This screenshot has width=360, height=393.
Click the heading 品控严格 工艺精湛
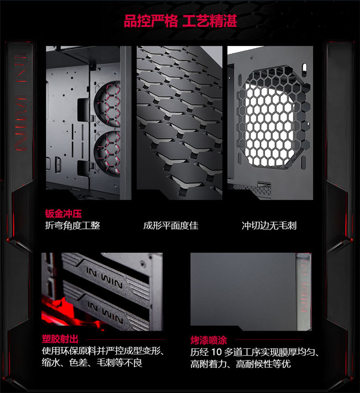[180, 21]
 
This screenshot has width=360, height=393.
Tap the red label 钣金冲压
[63, 214]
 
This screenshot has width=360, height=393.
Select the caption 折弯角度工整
[72, 226]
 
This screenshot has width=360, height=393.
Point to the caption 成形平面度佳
[171, 226]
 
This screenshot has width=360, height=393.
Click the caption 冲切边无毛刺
[269, 226]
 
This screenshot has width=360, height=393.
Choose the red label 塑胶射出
[60, 339]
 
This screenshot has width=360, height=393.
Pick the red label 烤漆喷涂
[209, 340]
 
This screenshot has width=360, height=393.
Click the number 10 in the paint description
[216, 352]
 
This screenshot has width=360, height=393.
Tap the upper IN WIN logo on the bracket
[104, 277]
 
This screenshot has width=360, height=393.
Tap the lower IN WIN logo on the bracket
[105, 312]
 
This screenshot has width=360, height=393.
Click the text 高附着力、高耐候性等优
[240, 364]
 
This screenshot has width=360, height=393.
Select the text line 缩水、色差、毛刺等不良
[92, 363]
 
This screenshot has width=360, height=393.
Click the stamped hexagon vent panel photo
[180, 123]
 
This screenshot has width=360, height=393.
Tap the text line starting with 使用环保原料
[103, 351]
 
